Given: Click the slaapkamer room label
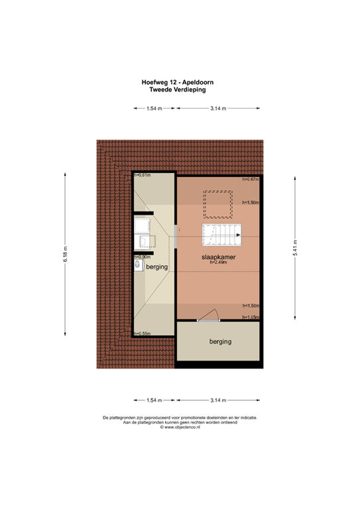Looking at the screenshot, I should click(219, 256).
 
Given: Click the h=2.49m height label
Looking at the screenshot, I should click(219, 262).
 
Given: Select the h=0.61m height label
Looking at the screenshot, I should click(141, 175).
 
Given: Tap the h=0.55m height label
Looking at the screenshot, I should click(141, 333).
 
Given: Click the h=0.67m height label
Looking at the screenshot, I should click(250, 179).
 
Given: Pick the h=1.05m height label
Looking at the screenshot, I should click(250, 317).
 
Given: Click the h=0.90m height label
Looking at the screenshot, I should click(141, 256).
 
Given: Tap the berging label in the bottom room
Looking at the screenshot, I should click(218, 342).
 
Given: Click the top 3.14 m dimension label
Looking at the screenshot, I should click(218, 108).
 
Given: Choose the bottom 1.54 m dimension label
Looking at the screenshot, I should click(154, 400).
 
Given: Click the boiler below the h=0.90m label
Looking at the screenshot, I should click(137, 265).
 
